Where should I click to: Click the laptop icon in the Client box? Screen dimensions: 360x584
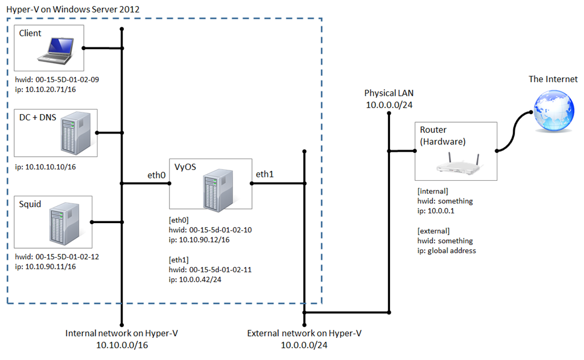(x=55, y=50)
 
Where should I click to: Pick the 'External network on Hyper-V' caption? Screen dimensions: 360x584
(x=304, y=334)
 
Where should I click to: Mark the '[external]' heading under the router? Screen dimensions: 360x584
(x=434, y=231)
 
